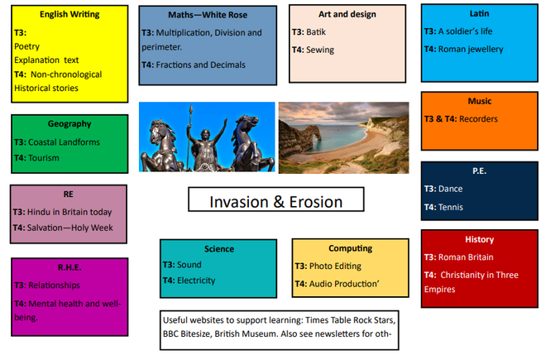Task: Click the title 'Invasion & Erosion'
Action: click(275, 202)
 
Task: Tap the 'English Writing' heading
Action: click(69, 15)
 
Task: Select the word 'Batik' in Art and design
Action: click(316, 32)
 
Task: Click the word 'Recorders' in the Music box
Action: click(478, 119)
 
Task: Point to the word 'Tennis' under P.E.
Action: click(451, 207)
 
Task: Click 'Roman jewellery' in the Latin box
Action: click(471, 49)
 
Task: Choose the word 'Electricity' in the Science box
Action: click(196, 281)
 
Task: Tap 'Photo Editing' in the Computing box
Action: click(335, 266)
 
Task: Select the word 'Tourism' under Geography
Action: click(44, 158)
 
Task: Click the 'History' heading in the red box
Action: click(480, 239)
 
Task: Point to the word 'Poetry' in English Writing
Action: click(26, 46)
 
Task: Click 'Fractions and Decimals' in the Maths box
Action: click(200, 65)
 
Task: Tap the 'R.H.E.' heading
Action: click(69, 267)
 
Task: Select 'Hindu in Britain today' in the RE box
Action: click(69, 212)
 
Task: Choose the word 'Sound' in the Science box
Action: click(189, 265)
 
